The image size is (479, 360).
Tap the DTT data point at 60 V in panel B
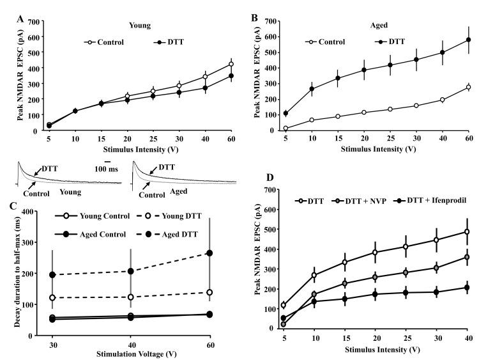coord(468,40)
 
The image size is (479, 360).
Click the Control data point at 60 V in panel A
coord(231,64)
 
